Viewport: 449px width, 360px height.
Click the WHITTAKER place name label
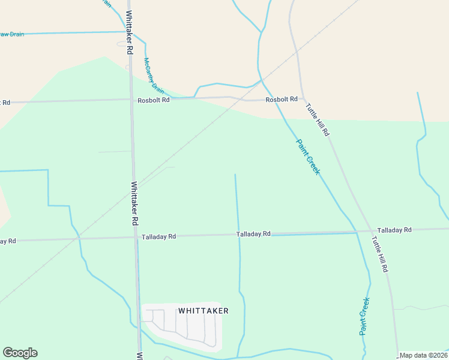point(203,311)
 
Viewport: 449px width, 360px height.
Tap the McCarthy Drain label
point(154,75)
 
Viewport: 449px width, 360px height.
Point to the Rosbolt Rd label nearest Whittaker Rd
point(154,100)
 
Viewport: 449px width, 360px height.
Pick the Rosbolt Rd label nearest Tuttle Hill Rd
point(282,99)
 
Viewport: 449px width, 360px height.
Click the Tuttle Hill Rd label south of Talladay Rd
point(379,254)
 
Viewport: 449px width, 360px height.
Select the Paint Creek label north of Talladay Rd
point(309,157)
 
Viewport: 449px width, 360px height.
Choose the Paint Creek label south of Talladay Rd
point(364,316)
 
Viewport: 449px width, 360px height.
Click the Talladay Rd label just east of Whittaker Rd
point(158,237)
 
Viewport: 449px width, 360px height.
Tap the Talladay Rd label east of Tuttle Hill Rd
point(394,230)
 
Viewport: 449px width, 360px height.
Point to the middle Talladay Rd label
point(253,234)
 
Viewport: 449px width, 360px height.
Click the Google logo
point(20,353)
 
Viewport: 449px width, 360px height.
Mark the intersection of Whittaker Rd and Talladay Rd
point(136,238)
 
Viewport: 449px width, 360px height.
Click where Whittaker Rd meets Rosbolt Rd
point(131,100)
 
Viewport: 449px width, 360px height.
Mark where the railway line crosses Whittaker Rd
point(134,186)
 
